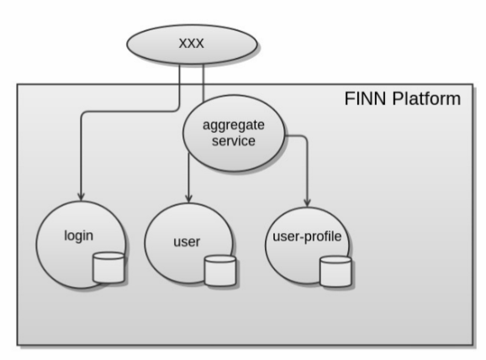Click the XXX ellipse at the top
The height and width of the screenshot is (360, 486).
tap(192, 45)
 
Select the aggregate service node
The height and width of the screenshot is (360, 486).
tap(234, 133)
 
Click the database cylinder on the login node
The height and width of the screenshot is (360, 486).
tap(108, 267)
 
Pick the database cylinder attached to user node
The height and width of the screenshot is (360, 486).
tap(220, 271)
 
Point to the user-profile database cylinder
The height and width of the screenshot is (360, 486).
tap(335, 271)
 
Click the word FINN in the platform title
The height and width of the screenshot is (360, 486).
tap(366, 99)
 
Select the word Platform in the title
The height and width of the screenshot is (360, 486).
tap(426, 99)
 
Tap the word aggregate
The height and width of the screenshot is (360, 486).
tap(234, 125)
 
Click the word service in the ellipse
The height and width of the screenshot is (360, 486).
tap(234, 141)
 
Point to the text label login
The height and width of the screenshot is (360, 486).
tap(78, 236)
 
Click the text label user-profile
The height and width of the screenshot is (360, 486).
tap(307, 236)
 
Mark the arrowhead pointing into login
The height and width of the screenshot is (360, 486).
tap(82, 197)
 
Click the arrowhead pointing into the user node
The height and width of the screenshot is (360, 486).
tap(188, 199)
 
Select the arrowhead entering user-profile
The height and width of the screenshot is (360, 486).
tap(307, 203)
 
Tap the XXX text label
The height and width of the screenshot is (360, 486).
tap(192, 44)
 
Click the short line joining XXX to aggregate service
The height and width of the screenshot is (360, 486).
tap(203, 82)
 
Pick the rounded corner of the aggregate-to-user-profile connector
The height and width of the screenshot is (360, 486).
tap(304, 138)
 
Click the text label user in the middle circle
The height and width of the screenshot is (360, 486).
tap(187, 242)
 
